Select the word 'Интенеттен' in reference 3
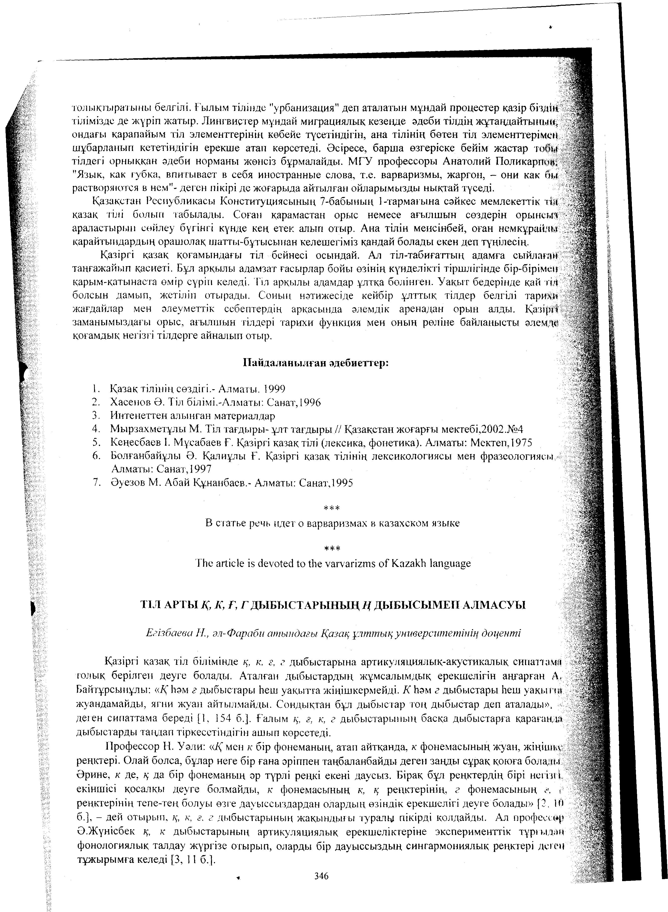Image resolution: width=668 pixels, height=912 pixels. tap(136, 416)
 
